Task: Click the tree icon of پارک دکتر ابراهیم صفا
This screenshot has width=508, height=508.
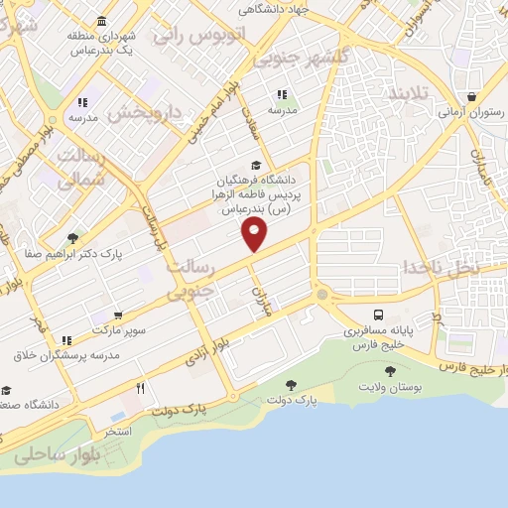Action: coord(72,238)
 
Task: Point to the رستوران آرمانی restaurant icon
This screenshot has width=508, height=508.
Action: coord(473,97)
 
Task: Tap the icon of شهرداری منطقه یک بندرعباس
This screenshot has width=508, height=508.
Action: coord(102,21)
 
